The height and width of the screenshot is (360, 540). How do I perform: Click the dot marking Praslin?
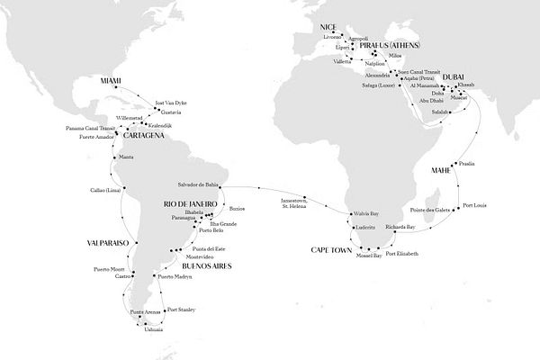tap(460, 164)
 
